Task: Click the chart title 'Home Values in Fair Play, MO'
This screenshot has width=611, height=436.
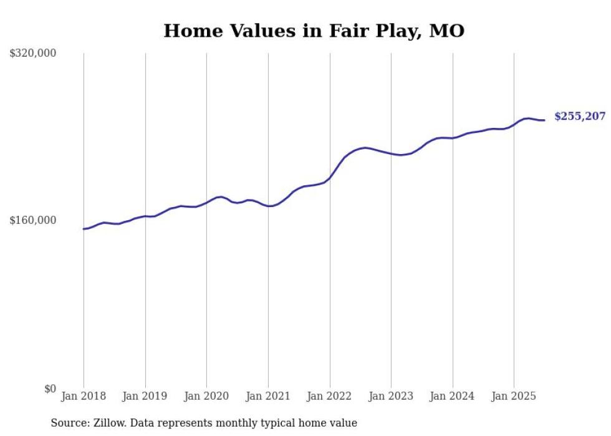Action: coord(314,31)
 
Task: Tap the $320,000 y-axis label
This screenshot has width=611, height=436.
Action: coord(32,53)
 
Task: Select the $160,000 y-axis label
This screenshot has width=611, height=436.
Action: coord(32,220)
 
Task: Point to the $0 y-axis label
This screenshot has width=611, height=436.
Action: coord(50,389)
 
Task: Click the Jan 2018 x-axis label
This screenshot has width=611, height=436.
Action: coord(84,396)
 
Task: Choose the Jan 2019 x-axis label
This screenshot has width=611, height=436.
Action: coord(145,396)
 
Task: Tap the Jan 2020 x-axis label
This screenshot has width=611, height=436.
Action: coord(206,396)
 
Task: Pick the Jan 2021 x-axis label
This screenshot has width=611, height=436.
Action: coord(268,396)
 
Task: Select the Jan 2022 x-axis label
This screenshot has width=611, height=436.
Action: coord(330,396)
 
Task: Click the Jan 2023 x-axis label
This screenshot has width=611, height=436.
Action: coord(391,396)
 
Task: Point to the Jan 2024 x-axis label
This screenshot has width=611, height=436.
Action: coord(453,396)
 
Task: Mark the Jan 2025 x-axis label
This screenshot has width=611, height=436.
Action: coord(514,396)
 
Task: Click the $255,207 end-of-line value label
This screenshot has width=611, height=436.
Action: coord(579,116)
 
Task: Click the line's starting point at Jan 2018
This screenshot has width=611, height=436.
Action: coord(84,229)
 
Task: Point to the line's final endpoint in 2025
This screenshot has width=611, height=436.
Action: coord(544,120)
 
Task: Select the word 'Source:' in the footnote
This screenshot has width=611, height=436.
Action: coord(69,423)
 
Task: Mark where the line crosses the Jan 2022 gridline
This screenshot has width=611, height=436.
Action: coord(330,178)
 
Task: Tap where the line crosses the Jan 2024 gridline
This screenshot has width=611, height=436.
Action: coord(453,137)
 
